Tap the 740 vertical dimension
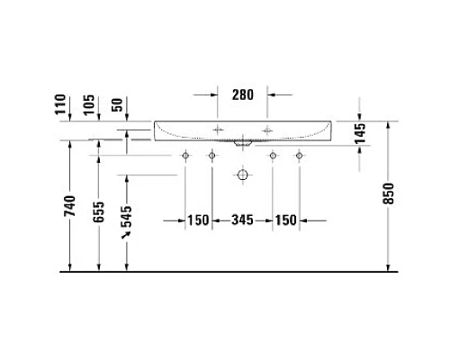(x=71, y=209)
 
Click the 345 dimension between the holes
(x=242, y=220)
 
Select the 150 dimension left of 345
(x=198, y=220)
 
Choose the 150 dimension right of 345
(x=286, y=220)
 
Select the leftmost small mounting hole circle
(x=185, y=157)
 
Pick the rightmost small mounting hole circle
(x=298, y=157)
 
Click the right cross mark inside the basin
(x=266, y=131)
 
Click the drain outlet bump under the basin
(x=241, y=143)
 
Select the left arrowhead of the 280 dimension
(x=212, y=93)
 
